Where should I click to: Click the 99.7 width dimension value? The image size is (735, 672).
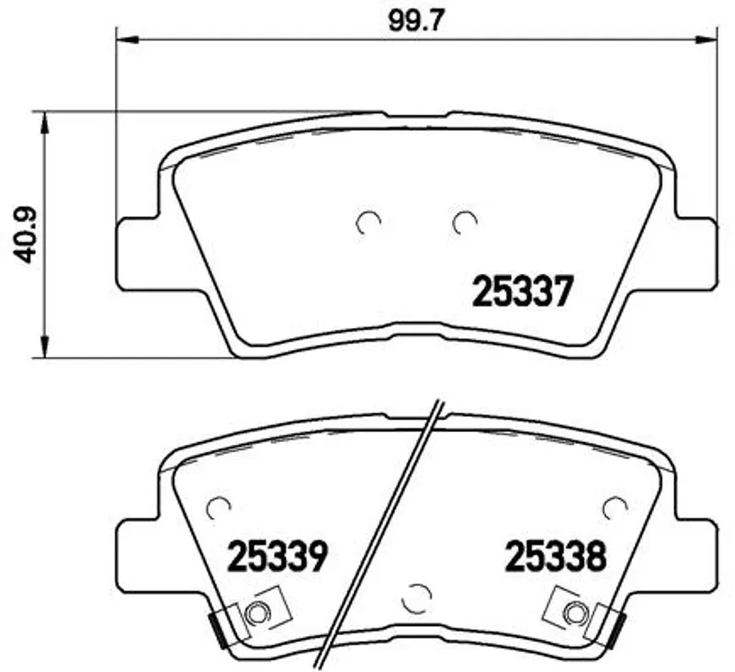tap(415, 21)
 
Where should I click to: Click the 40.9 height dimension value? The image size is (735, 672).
tap(24, 234)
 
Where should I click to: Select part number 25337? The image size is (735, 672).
tap(523, 290)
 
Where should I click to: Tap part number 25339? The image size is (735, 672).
tap(277, 557)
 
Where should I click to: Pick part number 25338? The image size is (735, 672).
tap(556, 557)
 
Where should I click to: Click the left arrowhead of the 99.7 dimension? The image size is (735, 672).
tap(128, 40)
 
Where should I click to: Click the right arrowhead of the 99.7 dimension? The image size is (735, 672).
tap(705, 40)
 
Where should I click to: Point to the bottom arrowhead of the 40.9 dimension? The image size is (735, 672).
tap(44, 346)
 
